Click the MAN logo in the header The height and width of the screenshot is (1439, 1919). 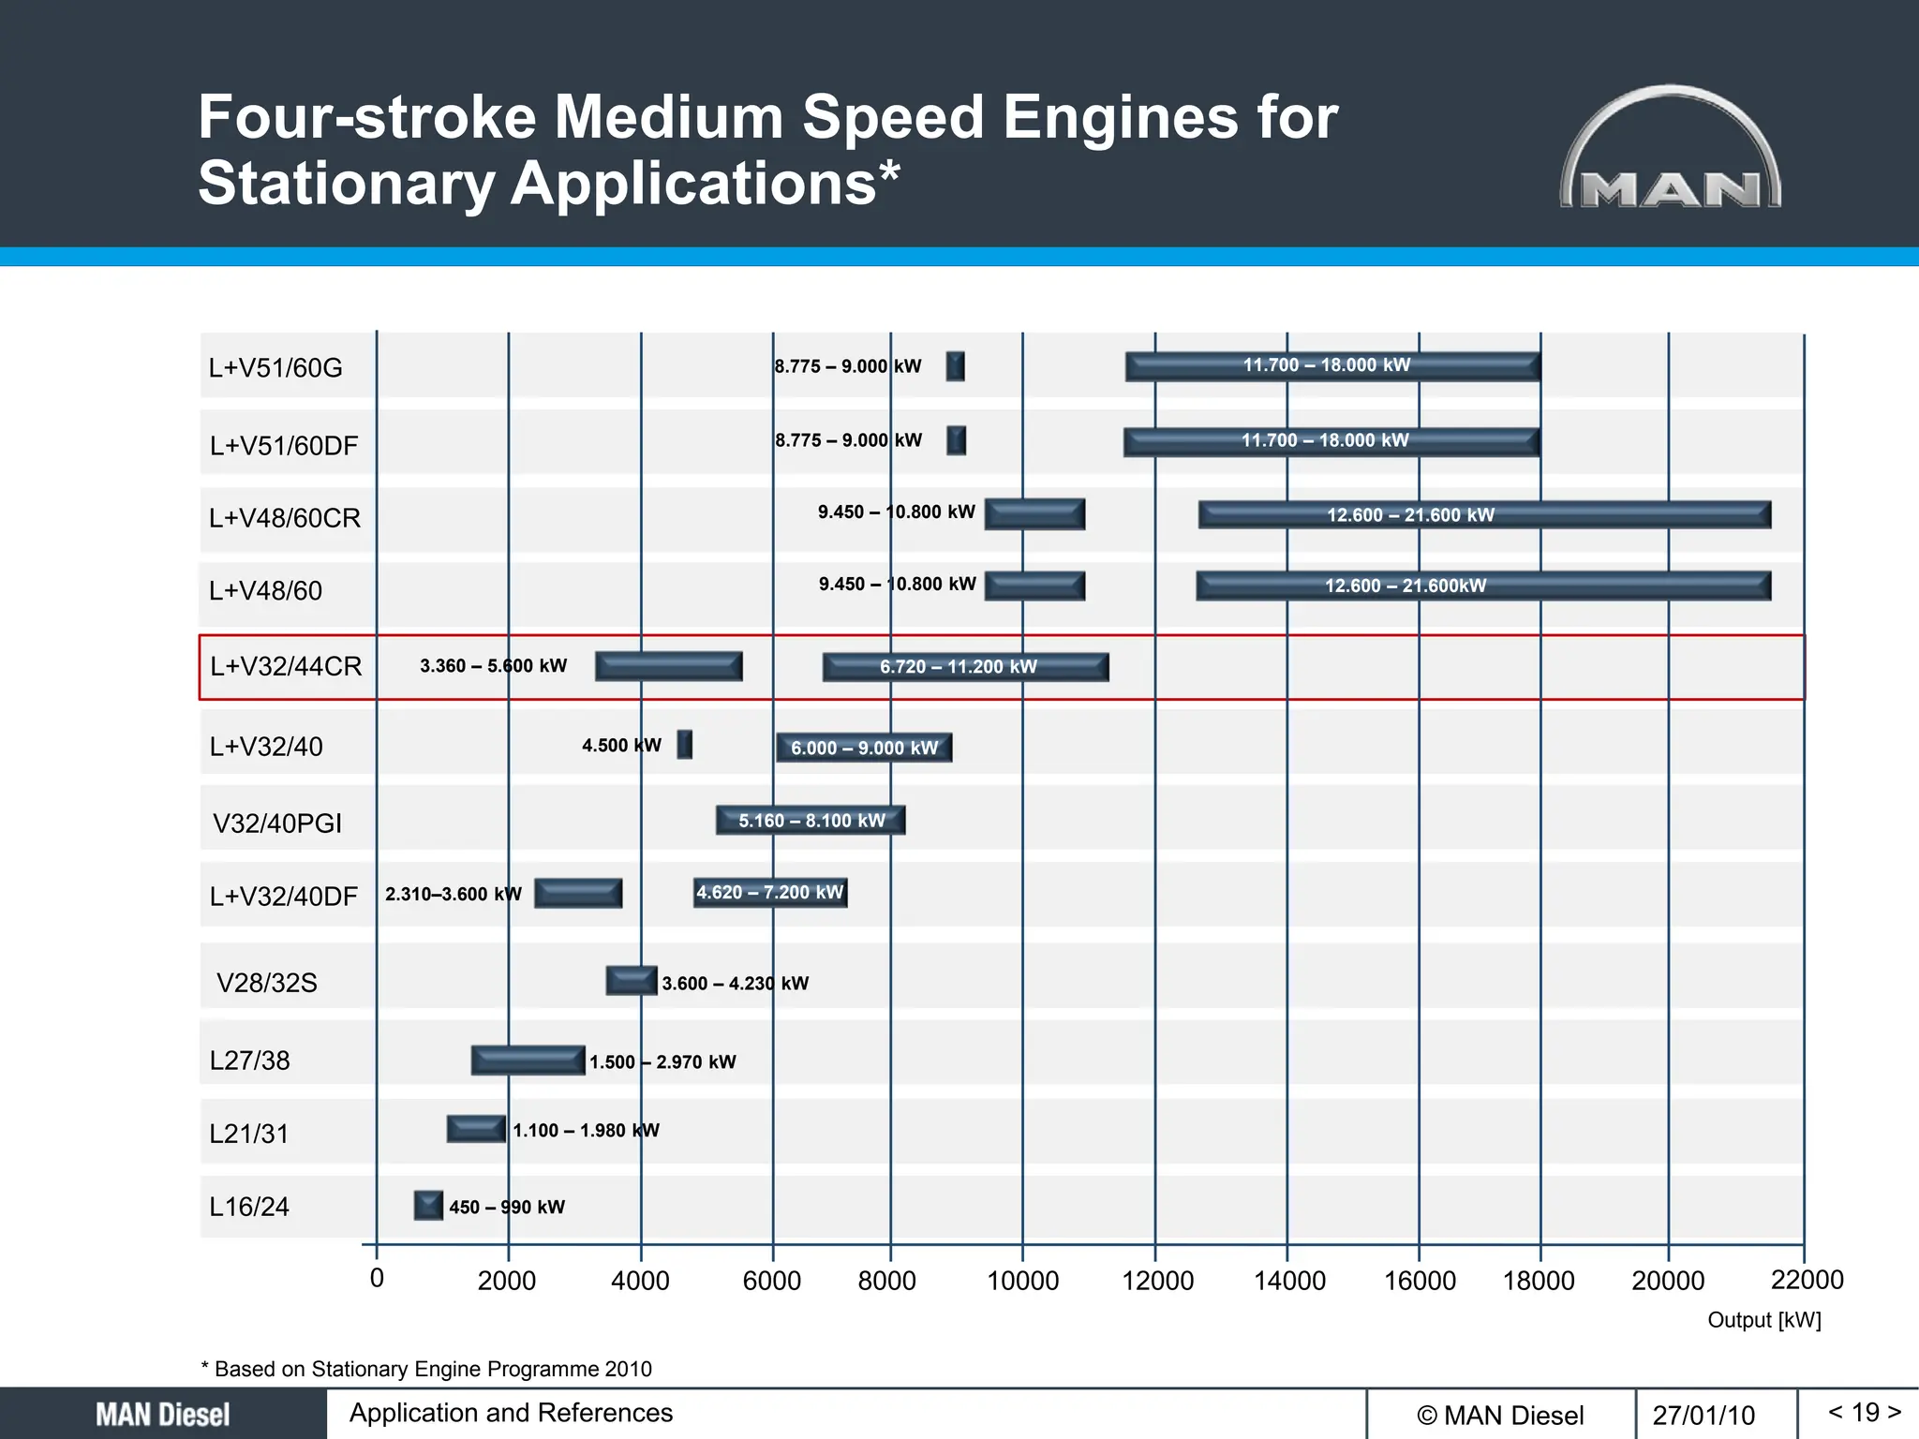click(x=1671, y=150)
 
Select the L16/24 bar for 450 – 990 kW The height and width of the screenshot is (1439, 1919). click(x=428, y=1205)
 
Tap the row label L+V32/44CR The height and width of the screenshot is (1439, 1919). click(x=286, y=666)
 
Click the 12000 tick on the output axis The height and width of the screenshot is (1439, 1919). click(x=1158, y=1280)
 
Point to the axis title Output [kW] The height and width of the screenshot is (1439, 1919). click(x=1763, y=1320)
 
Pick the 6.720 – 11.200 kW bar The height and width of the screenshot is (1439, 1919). click(x=965, y=667)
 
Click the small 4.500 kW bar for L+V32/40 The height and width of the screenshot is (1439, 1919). click(x=685, y=745)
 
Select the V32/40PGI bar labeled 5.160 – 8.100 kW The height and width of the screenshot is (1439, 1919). click(x=811, y=821)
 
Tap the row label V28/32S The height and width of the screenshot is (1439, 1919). click(x=267, y=983)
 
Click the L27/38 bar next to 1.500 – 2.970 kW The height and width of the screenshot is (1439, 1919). click(x=528, y=1061)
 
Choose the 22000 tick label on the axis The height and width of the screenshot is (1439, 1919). click(x=1807, y=1279)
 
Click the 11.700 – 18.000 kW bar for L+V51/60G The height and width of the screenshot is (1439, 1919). click(x=1332, y=365)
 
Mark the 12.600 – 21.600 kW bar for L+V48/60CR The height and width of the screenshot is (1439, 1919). click(x=1484, y=514)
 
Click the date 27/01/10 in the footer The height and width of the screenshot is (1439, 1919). click(x=1703, y=1415)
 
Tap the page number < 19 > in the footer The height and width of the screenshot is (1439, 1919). click(x=1865, y=1412)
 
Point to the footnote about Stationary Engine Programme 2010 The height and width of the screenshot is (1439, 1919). click(x=426, y=1369)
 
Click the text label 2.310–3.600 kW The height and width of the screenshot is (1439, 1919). click(x=453, y=894)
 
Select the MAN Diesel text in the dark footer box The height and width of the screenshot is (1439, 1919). click(x=163, y=1415)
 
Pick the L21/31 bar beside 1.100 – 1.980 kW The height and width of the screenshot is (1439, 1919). click(x=476, y=1129)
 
